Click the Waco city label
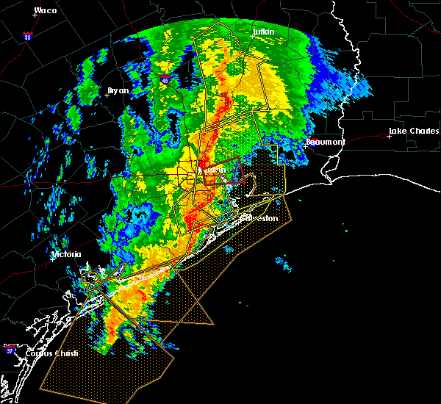46,11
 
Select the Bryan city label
118,90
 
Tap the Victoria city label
65,256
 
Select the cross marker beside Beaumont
305,145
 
